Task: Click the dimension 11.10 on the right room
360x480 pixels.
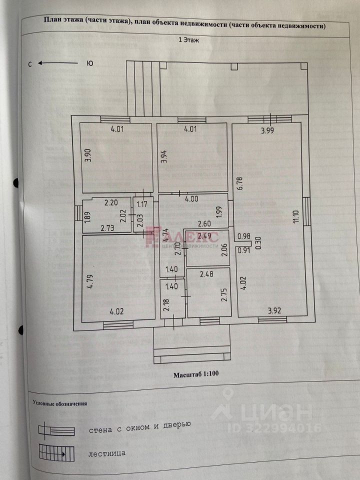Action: click(296, 216)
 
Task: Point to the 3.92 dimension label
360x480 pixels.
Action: click(274, 311)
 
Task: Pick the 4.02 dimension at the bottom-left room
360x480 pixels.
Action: click(117, 311)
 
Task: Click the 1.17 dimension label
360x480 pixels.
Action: click(141, 203)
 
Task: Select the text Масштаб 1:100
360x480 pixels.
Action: click(196, 373)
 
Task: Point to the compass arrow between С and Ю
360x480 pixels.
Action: click(58, 63)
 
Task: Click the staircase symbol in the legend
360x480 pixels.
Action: click(57, 454)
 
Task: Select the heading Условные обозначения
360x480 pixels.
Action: click(60, 402)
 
